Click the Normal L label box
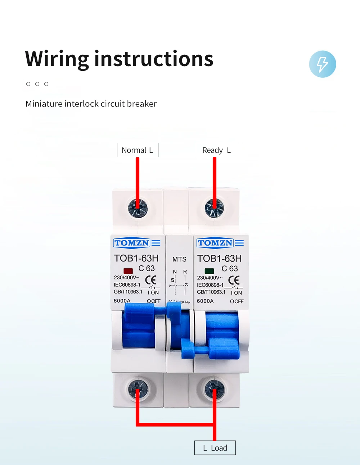[138, 150]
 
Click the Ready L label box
[216, 150]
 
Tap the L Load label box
[215, 448]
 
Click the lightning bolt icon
[323, 64]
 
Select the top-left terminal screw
[138, 208]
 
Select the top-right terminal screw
[214, 208]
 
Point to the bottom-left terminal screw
[138, 389]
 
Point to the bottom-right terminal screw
[215, 389]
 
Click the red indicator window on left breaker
[128, 271]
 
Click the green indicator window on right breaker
[209, 271]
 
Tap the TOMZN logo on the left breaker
[132, 243]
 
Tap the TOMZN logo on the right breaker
[215, 243]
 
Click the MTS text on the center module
[179, 259]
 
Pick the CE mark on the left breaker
[151, 280]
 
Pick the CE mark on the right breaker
[234, 280]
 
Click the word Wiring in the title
[57, 59]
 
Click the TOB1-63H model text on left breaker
[136, 258]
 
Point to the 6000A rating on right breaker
[205, 301]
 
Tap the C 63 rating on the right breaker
[230, 269]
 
